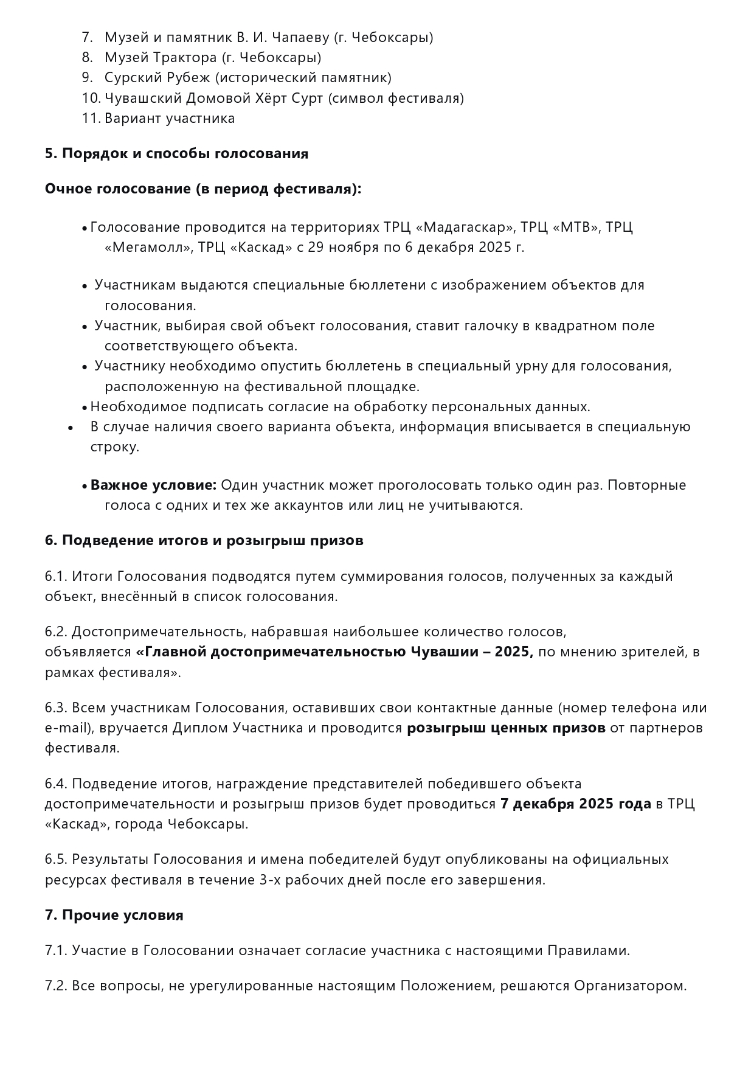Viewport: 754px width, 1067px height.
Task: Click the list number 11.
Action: click(91, 118)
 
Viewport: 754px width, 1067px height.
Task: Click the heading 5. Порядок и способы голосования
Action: click(176, 153)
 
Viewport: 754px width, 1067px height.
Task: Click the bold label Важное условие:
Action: click(153, 485)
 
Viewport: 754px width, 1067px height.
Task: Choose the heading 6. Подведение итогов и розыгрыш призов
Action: click(204, 540)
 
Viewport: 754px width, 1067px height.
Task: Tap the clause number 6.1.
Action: click(56, 576)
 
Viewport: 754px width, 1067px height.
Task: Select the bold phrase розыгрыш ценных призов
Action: click(506, 728)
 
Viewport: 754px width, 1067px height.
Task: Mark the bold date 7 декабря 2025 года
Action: click(575, 804)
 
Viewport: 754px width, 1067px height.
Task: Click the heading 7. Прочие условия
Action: click(114, 916)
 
